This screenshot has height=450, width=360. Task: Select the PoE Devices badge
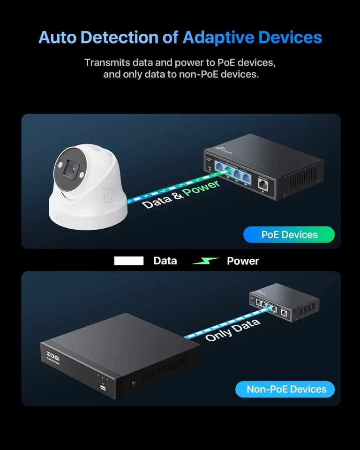point(289,234)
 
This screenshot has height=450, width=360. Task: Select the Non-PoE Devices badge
point(285,389)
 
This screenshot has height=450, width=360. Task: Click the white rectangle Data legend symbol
point(129,261)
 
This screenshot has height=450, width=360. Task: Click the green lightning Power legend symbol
point(206,261)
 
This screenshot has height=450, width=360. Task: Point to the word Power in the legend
point(243,261)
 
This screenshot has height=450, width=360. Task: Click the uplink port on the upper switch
point(263,184)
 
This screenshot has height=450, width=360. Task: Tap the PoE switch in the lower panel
point(284,304)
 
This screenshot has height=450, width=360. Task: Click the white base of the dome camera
point(89,213)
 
